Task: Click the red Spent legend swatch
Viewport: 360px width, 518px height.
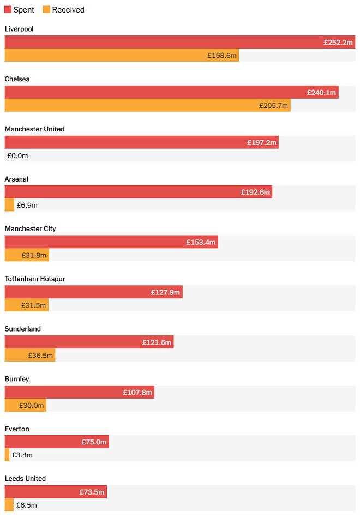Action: [x=8, y=10]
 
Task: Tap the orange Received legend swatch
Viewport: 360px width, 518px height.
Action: [x=46, y=10]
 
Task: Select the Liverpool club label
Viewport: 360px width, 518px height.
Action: [x=19, y=29]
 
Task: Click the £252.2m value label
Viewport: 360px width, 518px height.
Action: [x=338, y=43]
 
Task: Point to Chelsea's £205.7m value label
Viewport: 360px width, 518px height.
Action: [x=273, y=106]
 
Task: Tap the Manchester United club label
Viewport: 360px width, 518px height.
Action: [x=34, y=129]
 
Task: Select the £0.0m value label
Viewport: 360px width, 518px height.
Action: [x=17, y=156]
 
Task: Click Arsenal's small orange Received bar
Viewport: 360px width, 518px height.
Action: [x=9, y=205]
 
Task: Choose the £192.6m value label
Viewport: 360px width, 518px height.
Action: [x=255, y=192]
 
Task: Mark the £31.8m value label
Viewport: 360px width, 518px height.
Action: [x=34, y=255]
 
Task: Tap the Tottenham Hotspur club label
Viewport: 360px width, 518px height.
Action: [x=35, y=279]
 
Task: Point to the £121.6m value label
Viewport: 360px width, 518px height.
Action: [x=157, y=342]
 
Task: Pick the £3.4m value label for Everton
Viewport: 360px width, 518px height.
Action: [x=22, y=455]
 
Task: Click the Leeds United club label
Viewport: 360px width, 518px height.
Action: [x=25, y=479]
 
